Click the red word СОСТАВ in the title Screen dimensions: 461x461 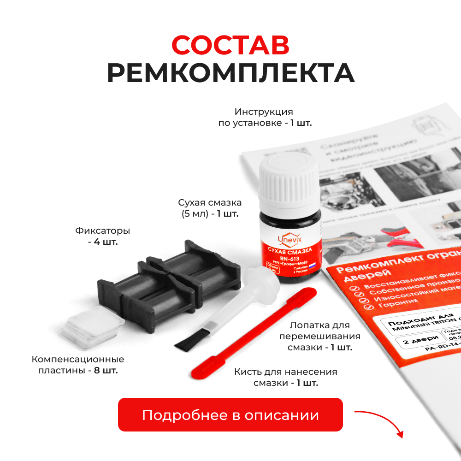coord(230,45)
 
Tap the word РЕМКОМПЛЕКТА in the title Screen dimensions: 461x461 coord(230,73)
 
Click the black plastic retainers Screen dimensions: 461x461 coord(168,286)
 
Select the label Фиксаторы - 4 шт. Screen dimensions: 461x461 coord(102,236)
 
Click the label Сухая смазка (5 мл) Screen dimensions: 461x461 coord(210,208)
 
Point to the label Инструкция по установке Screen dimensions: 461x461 coord(265,117)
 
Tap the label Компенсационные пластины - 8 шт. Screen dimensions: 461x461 coord(78,364)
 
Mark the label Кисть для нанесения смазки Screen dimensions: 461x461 coord(285,377)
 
